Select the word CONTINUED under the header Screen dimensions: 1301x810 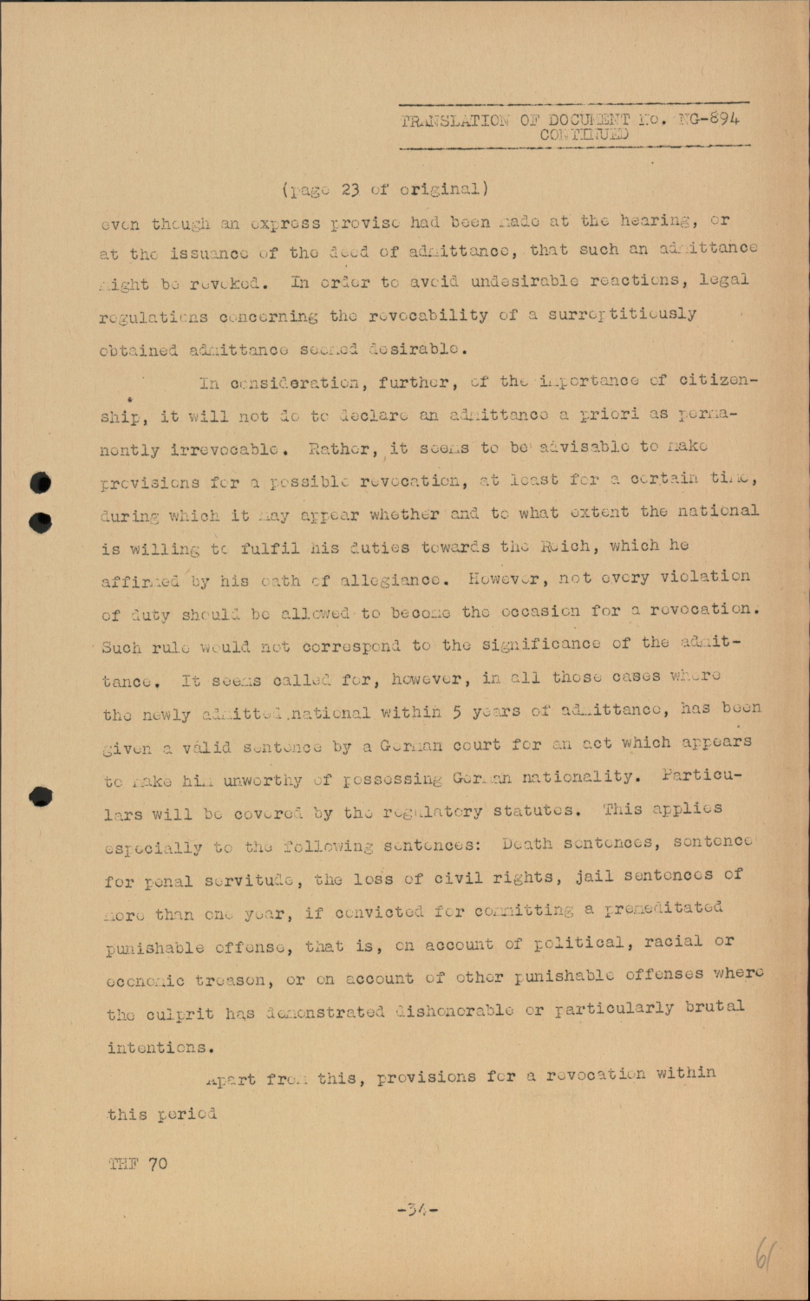(x=584, y=134)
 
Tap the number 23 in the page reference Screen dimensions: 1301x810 (x=349, y=190)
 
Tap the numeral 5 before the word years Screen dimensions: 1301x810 (x=456, y=712)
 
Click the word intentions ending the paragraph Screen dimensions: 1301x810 (x=160, y=1048)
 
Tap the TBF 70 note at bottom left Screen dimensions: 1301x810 (x=139, y=1164)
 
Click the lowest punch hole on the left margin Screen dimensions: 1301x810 (x=41, y=797)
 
